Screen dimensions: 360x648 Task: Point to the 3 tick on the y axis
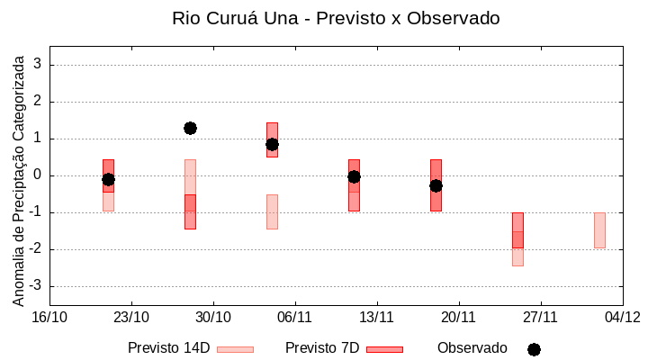pos(39,65)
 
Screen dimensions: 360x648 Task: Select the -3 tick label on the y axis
pos(35,286)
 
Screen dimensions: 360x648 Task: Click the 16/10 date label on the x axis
pos(49,317)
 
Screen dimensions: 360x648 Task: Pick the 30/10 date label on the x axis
pos(213,317)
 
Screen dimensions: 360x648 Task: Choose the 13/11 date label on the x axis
pos(377,317)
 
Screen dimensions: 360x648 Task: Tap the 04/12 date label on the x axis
pos(622,317)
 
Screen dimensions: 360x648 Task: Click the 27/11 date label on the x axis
pos(540,317)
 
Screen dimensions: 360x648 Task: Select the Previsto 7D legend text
pos(321,348)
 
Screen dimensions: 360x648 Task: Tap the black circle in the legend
pos(534,349)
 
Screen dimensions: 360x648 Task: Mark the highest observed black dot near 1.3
pos(190,128)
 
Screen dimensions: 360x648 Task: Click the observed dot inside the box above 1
pos(272,144)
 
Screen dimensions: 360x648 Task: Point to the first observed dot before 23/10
pos(108,179)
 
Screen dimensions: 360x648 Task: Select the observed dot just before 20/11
pos(436,185)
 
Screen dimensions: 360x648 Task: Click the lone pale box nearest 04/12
pos(599,230)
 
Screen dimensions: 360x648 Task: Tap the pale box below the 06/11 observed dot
pos(272,211)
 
